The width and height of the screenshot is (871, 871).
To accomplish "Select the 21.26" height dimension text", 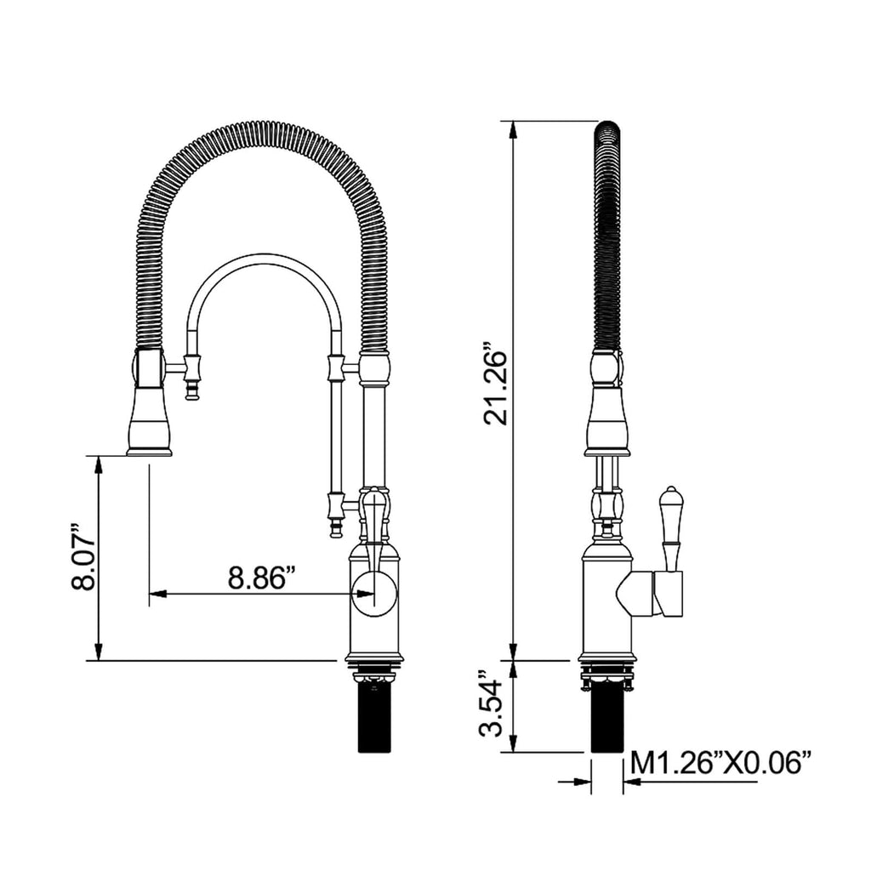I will tap(496, 384).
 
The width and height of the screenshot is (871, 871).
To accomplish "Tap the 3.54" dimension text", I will tap(496, 706).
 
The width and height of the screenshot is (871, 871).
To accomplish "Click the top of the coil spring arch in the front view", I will tap(259, 132).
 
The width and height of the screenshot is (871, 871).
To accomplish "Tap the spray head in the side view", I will tap(606, 417).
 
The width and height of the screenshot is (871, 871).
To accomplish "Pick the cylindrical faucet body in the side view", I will tap(606, 604).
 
